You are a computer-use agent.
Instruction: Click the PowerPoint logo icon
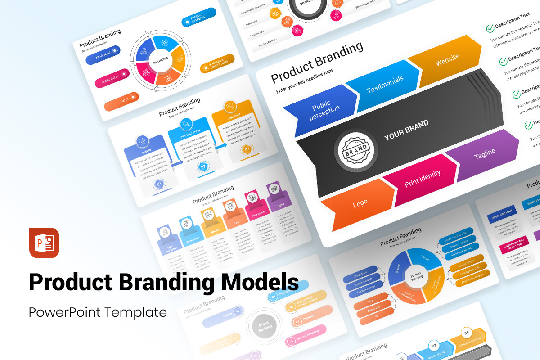tap(44, 243)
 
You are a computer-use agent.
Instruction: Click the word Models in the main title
tap(255, 282)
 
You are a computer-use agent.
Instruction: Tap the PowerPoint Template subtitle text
tap(98, 312)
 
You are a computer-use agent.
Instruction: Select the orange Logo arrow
tap(360, 204)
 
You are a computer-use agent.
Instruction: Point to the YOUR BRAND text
tap(406, 130)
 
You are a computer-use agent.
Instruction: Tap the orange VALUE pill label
tap(121, 101)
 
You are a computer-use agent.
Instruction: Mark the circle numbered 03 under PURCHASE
tap(247, 149)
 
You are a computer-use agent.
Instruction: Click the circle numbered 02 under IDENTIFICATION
tap(203, 167)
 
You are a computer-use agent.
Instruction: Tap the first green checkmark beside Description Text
tap(490, 29)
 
